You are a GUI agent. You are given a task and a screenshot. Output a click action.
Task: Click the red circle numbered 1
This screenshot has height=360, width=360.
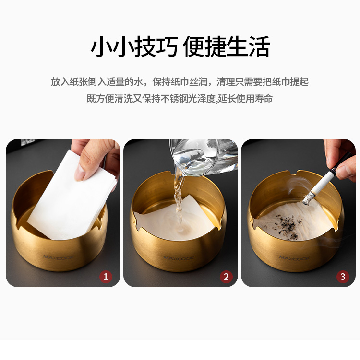[x=106, y=277]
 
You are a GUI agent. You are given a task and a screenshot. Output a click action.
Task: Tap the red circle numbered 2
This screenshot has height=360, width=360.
[x=226, y=277]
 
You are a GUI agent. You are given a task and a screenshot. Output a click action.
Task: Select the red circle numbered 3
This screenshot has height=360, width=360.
[x=343, y=277]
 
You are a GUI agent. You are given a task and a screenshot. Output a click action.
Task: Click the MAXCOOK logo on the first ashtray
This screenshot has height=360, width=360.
[x=58, y=257]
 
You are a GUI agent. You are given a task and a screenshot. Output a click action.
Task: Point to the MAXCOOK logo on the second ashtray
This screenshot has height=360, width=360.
[x=179, y=258]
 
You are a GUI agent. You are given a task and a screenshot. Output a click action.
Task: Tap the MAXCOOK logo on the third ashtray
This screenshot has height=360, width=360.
[x=295, y=258]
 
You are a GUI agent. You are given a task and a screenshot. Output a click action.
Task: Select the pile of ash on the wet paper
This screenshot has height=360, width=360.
[x=288, y=226]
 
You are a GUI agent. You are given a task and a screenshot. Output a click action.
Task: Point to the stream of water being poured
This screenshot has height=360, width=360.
[x=179, y=200]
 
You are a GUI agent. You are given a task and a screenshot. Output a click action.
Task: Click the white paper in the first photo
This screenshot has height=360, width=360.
[x=71, y=197]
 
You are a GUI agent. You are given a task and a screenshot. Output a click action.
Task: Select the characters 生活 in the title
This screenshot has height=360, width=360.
[x=248, y=46]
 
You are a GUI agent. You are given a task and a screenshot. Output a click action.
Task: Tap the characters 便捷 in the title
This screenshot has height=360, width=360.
[x=204, y=46]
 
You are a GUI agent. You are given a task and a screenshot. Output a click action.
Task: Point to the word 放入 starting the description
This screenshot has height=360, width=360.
[x=60, y=82]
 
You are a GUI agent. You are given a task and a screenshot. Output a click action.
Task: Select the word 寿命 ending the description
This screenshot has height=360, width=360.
[x=264, y=99]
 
